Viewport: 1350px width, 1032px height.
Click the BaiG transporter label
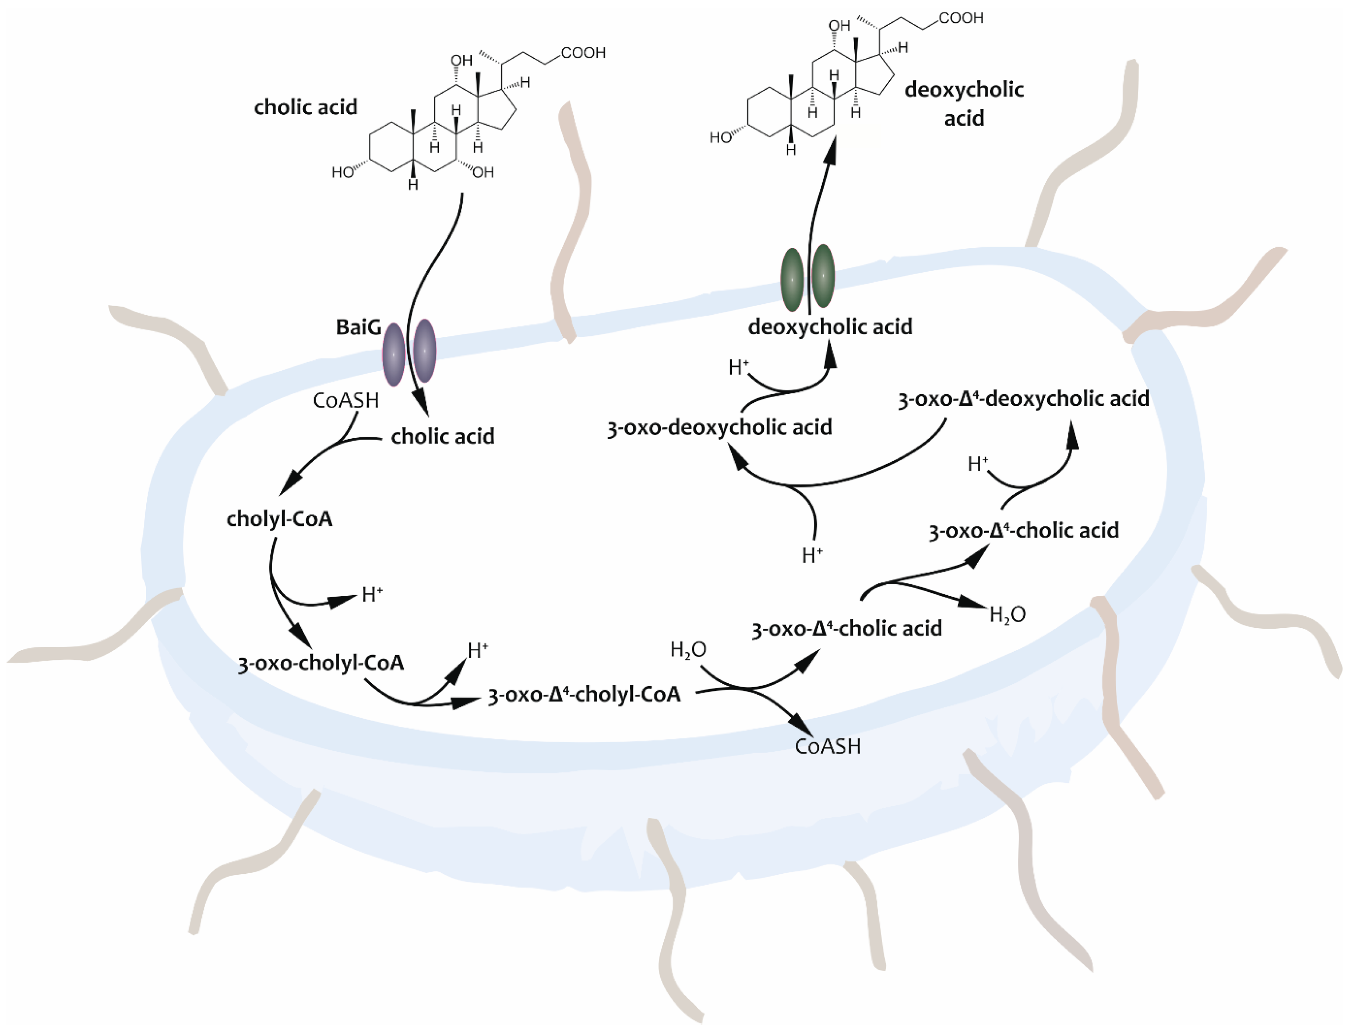(358, 327)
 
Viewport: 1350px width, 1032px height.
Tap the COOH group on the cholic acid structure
(583, 54)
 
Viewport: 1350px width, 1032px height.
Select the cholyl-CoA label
(280, 519)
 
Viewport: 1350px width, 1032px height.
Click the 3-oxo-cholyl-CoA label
(321, 663)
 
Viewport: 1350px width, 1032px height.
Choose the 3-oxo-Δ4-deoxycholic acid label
(1023, 399)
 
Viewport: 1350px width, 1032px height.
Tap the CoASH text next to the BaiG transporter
(345, 401)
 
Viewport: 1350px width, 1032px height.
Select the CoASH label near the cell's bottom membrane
(827, 746)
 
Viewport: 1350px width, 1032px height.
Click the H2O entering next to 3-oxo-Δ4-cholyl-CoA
(688, 650)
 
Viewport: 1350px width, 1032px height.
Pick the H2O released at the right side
(1007, 614)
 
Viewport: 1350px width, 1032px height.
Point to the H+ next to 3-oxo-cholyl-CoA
(477, 650)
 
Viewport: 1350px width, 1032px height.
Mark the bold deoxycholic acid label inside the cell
(829, 327)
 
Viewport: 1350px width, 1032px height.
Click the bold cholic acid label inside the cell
(442, 437)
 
